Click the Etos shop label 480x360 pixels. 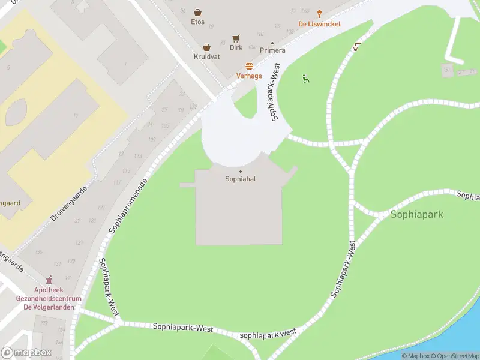197,22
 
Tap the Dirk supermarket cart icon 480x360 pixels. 236,37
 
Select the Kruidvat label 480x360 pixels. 206,56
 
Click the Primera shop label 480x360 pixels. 272,50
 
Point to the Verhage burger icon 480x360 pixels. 249,66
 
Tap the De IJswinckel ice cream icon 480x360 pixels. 320,14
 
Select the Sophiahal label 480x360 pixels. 241,179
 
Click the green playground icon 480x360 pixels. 306,78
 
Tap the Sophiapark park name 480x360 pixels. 416,214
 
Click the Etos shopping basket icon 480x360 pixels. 197,12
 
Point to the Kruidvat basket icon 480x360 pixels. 206,47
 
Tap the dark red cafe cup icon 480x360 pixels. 357,46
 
